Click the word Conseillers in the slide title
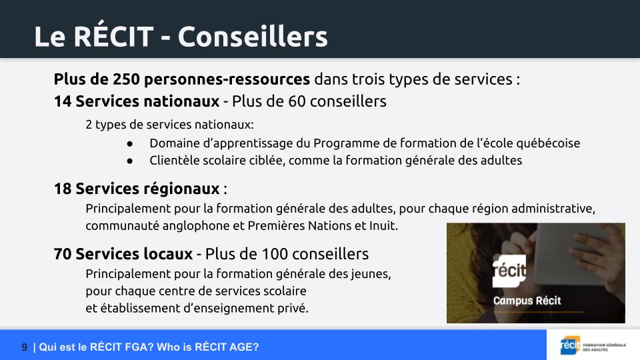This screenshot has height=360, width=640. (253, 37)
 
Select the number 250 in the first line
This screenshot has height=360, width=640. (127, 79)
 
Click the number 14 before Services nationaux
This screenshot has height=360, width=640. (63, 101)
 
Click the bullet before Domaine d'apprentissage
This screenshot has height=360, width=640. (130, 144)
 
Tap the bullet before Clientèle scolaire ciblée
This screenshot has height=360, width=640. (130, 161)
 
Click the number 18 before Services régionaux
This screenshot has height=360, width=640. (63, 189)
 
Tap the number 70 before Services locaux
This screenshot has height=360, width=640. (63, 254)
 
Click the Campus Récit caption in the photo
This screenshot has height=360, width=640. (527, 301)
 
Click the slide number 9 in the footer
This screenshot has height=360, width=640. (25, 347)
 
